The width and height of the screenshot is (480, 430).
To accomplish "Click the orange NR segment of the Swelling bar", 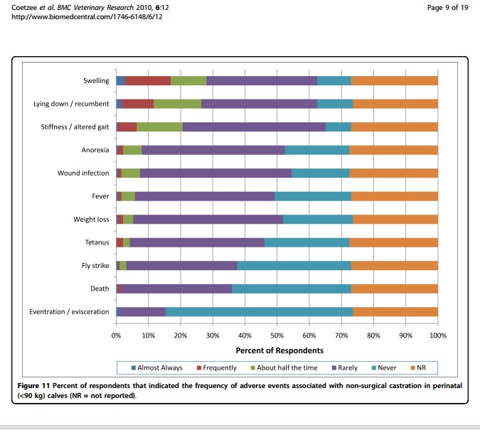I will [394, 80].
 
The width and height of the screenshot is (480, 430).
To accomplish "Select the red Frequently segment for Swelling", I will [147, 80].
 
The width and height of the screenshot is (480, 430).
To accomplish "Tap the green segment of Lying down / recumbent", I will [177, 104].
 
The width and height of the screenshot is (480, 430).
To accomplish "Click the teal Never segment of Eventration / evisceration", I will [259, 311].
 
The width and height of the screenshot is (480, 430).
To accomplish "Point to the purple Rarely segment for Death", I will [176, 289].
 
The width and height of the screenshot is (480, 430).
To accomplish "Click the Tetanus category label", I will [97, 242].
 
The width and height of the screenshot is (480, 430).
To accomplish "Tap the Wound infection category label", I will [83, 173].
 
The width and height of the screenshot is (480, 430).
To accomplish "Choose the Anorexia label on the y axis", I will [95, 150].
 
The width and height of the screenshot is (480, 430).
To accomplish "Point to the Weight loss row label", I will [91, 220].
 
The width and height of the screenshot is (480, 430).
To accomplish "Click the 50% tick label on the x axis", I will [277, 334].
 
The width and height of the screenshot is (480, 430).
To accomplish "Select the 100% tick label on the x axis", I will [437, 334].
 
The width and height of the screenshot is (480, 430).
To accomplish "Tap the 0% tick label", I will [117, 334].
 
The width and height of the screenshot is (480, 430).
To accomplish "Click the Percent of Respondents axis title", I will [279, 350].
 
